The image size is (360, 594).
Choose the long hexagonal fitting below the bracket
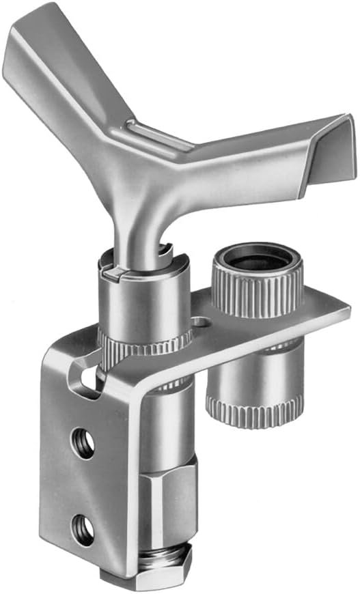(167, 502)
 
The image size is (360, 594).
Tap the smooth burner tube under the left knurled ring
(167, 416)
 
